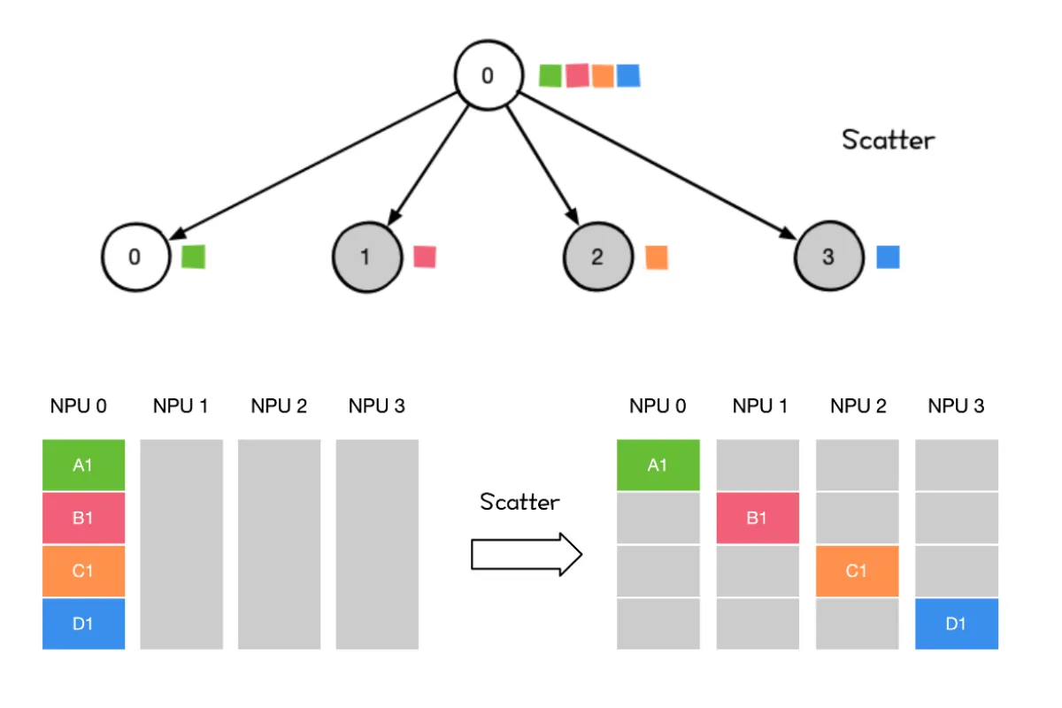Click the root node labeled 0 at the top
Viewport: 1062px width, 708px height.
pyautogui.click(x=489, y=75)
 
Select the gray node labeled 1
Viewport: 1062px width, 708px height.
pyautogui.click(x=367, y=257)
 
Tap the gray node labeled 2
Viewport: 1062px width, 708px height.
pyautogui.click(x=598, y=257)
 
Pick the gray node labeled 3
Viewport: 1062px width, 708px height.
pyautogui.click(x=829, y=256)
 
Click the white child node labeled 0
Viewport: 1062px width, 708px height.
pyautogui.click(x=136, y=257)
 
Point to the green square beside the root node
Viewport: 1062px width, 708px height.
pyautogui.click(x=550, y=76)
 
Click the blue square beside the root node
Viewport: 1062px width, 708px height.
pyautogui.click(x=628, y=76)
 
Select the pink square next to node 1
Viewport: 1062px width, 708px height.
pyautogui.click(x=425, y=257)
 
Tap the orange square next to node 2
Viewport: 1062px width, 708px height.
pyautogui.click(x=657, y=258)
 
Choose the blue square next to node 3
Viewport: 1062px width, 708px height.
pyautogui.click(x=888, y=257)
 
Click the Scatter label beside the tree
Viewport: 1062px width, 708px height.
pyautogui.click(x=888, y=140)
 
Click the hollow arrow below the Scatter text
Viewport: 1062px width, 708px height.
pyautogui.click(x=527, y=554)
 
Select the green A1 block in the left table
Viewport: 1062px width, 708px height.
pyautogui.click(x=83, y=465)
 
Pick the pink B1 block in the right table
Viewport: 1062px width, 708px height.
pyautogui.click(x=758, y=518)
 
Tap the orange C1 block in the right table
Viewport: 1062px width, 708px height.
pyautogui.click(x=858, y=571)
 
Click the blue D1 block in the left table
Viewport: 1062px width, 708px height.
pyautogui.click(x=83, y=624)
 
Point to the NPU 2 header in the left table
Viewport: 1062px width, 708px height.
pyautogui.click(x=279, y=406)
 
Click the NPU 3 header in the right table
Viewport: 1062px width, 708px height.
pyautogui.click(x=956, y=406)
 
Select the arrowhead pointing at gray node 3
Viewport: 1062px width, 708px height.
pyautogui.click(x=788, y=234)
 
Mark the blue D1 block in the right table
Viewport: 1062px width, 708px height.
pyautogui.click(x=957, y=624)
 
